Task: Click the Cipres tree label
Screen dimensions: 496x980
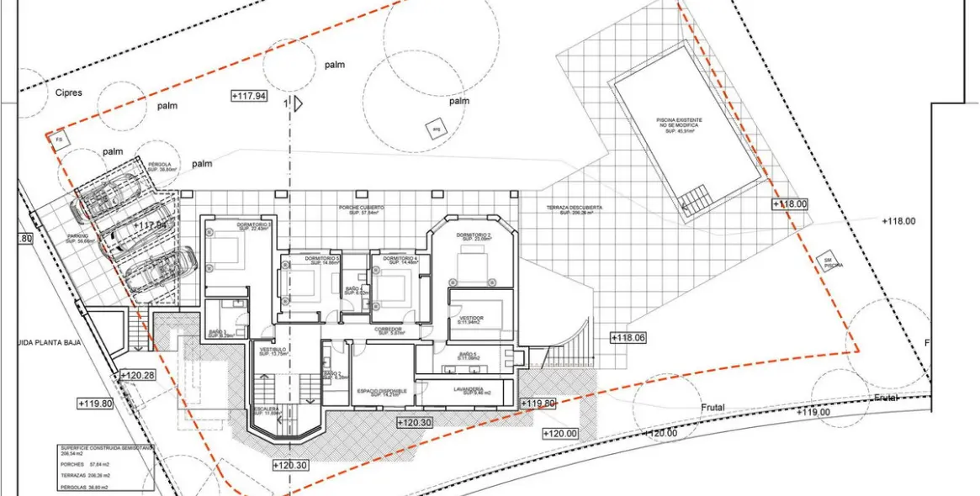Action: pos(68,92)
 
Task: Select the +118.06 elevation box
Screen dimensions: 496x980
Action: pos(629,337)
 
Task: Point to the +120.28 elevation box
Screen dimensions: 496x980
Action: pos(137,375)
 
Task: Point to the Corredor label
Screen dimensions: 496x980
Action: pos(389,330)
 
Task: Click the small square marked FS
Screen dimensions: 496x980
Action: pos(59,139)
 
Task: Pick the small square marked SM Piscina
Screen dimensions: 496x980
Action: pos(829,261)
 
